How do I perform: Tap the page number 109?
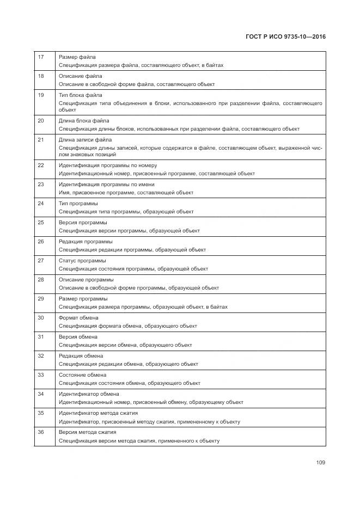320,463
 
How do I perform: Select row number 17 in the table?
40,57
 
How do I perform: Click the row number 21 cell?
40,139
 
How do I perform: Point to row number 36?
40,432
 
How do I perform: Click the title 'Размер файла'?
77,57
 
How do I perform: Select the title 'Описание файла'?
80,76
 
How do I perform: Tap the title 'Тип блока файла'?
80,95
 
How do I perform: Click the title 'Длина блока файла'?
83,120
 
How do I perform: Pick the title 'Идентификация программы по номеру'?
107,165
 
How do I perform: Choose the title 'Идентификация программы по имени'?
106,184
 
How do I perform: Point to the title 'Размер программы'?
83,298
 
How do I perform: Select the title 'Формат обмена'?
78,317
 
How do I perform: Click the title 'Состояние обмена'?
82,375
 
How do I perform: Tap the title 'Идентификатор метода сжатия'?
98,413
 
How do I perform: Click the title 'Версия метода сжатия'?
87,432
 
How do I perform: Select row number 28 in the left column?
40,279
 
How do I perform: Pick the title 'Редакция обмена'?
81,355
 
